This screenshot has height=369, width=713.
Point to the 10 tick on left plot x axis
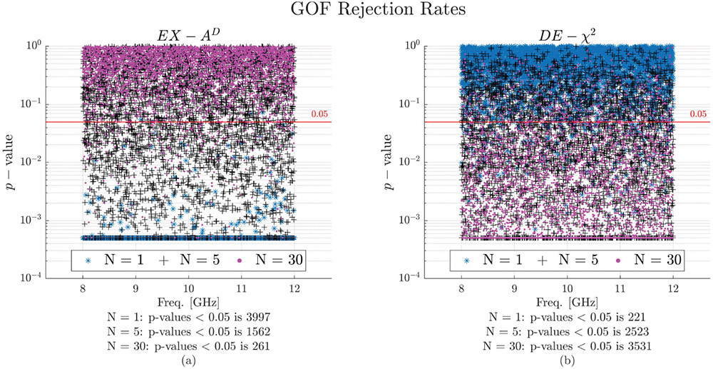(188, 291)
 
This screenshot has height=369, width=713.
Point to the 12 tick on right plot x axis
(672, 291)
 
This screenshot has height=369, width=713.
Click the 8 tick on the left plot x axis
(83, 291)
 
